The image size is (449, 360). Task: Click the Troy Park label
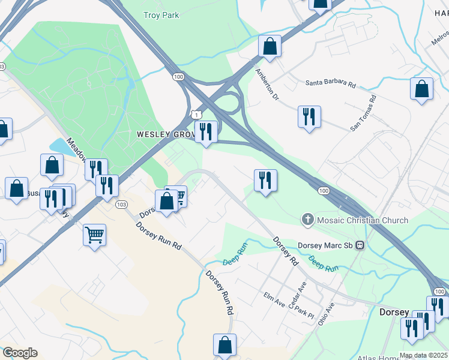coord(161,15)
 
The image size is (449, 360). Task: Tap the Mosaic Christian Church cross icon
coord(309,220)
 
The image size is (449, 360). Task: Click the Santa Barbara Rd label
coord(330,84)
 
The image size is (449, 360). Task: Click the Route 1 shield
coord(196,114)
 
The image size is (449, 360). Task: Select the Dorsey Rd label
coord(286,251)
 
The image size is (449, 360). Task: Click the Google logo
coord(19,353)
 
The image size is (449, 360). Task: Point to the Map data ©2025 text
coord(424,355)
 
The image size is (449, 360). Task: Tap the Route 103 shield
coord(121,205)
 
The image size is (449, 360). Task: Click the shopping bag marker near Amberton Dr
coord(270,46)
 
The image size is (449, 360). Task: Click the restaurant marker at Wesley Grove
coord(206,132)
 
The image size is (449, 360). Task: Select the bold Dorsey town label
coord(394,313)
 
